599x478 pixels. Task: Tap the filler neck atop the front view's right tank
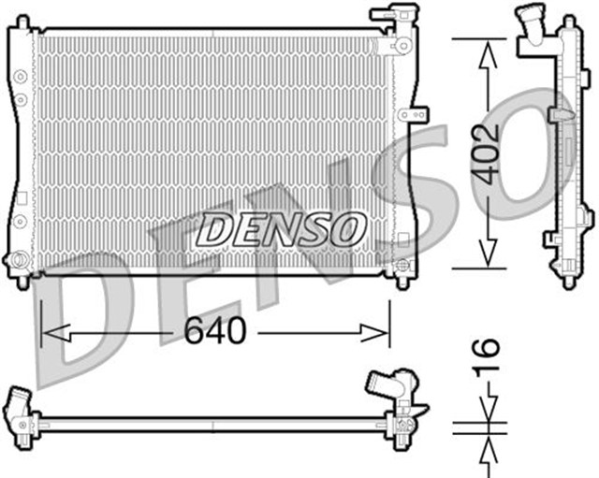(x=387, y=16)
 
